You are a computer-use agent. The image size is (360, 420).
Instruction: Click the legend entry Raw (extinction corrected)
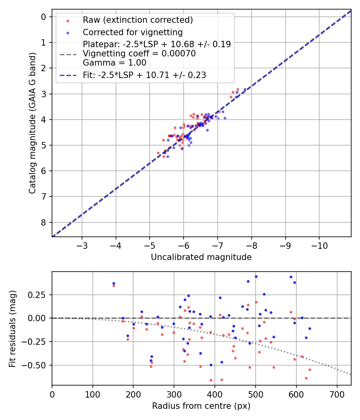point(138,20)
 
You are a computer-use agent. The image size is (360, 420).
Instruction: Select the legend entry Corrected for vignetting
point(132,32)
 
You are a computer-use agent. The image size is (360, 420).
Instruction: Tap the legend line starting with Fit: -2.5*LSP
point(144,75)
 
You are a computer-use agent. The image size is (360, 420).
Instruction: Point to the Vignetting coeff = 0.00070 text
point(139,54)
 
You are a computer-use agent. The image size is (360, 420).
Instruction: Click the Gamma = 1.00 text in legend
point(114,63)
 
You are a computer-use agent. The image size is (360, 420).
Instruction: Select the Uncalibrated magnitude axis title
point(201,257)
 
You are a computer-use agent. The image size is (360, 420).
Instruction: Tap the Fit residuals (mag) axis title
point(12,329)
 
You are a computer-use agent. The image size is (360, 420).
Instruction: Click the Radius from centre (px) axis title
point(201,406)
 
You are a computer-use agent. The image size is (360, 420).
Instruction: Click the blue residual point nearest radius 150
point(114,283)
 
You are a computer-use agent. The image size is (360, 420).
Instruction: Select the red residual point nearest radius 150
point(114,286)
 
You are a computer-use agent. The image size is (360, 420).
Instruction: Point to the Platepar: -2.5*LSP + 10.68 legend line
point(157,44)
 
